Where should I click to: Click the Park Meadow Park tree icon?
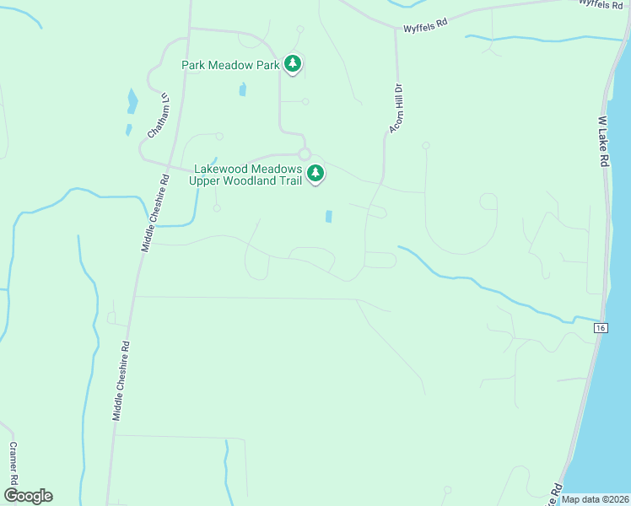tap(293, 63)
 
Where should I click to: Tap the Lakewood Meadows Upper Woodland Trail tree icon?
tap(315, 174)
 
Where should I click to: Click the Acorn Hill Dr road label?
tap(396, 107)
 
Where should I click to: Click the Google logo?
tap(28, 496)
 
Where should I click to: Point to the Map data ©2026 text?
tap(596, 499)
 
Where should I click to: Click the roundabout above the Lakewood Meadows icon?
tap(305, 153)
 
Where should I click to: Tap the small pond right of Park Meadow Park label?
tap(243, 89)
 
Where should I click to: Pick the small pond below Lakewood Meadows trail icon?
tap(328, 217)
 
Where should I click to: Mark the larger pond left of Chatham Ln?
tap(132, 101)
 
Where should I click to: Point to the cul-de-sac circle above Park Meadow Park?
tap(300, 29)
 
